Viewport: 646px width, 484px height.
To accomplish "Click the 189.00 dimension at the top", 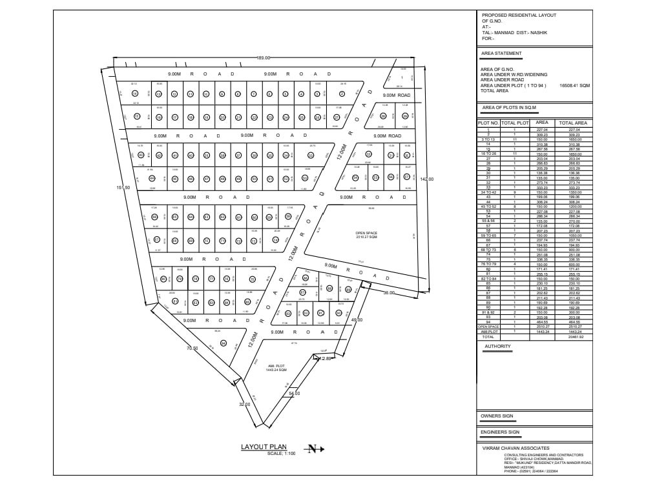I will pos(263,58).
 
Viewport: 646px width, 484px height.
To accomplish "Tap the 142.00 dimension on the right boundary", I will pos(426,179).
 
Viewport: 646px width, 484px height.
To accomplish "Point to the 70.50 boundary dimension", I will pos(192,348).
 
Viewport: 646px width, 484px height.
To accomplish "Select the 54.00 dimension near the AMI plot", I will pos(294,393).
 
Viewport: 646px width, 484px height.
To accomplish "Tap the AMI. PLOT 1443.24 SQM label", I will pos(276,368).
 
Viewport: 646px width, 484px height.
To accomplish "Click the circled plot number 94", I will pos(224,343).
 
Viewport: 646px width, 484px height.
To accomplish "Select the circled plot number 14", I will pos(135,94).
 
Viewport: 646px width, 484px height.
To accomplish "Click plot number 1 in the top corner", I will pos(402,77).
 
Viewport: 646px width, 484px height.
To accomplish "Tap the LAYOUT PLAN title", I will pos(264,447).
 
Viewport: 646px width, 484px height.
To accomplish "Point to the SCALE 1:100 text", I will pos(281,454).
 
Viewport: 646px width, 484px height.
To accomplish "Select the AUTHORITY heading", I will pos(497,347).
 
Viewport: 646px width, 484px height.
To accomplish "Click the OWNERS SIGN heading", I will pos(497,416).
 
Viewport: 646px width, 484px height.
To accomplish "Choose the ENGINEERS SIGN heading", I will pos(500,432).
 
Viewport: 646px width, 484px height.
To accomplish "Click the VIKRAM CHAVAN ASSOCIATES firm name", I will pos(516,448).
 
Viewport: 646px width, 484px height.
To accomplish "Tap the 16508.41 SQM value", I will pos(575,85).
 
